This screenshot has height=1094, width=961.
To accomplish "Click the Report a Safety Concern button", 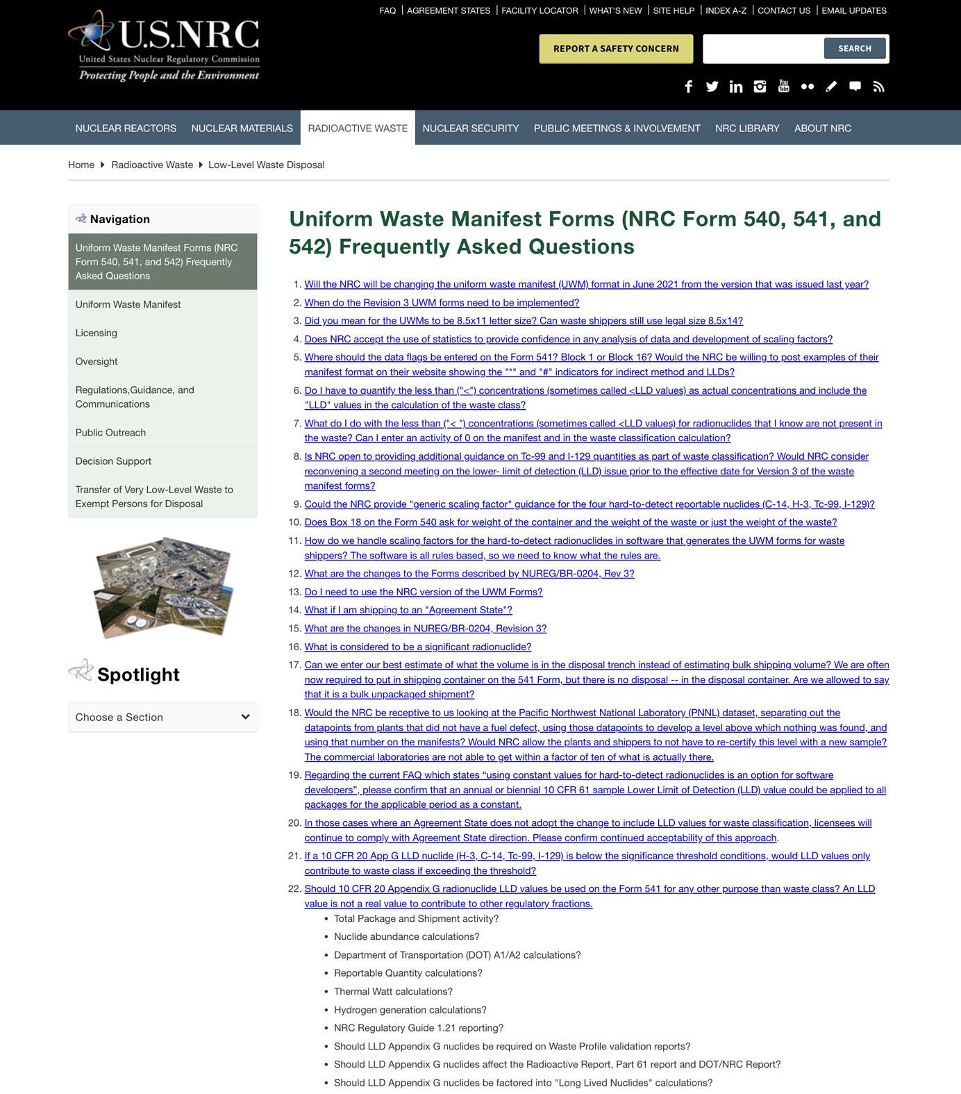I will (x=616, y=49).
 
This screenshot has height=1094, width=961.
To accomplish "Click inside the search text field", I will (x=762, y=49).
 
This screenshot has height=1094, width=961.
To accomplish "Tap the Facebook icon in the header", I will (x=688, y=87).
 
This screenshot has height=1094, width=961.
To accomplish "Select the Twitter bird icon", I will (x=712, y=87).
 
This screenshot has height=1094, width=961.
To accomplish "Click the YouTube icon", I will (x=784, y=86).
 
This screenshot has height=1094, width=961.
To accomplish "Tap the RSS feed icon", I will (x=878, y=87).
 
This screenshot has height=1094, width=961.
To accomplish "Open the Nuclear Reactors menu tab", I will (x=126, y=129).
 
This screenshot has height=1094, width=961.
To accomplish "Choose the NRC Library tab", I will (x=747, y=129).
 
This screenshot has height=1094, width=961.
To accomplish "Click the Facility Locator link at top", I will (x=540, y=10).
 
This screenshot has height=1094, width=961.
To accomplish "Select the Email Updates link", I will (x=854, y=10).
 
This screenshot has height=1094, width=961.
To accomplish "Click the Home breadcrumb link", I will (x=81, y=165).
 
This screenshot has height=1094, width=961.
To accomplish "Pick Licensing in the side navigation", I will (x=97, y=333).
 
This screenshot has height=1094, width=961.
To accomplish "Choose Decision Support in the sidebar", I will (x=113, y=461).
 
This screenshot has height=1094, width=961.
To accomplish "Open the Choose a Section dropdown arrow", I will (x=245, y=717).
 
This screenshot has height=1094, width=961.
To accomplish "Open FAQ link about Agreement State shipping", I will (x=408, y=610).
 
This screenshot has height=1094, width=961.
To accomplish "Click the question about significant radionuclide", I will (x=417, y=647).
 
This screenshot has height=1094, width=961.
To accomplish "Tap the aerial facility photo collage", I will (x=163, y=587).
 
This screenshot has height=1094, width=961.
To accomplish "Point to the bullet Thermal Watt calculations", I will (x=393, y=991).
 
